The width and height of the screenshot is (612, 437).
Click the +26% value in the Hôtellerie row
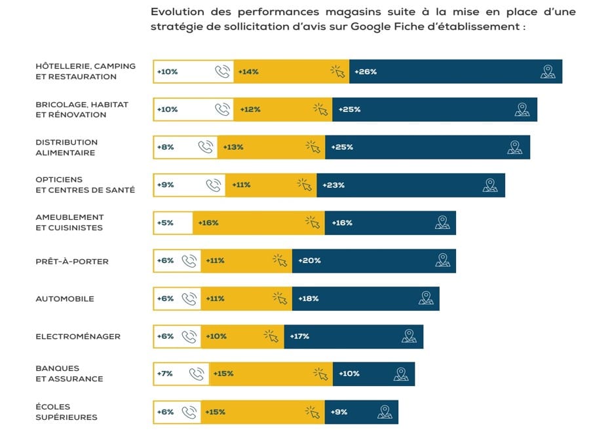point(365,72)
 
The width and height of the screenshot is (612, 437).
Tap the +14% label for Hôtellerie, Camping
point(248,72)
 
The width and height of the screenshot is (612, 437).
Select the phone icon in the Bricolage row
point(223,109)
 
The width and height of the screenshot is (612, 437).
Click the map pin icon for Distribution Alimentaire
point(515,147)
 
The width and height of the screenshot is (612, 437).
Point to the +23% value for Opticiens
point(333,185)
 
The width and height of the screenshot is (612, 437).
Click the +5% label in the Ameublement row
point(165,223)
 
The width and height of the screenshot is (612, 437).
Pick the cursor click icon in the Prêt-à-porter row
point(280,261)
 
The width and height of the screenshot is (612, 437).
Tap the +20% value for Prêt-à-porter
point(309,261)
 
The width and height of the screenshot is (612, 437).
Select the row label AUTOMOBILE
point(65,299)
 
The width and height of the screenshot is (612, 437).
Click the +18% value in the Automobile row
point(308,299)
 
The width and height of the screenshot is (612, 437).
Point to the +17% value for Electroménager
point(299,337)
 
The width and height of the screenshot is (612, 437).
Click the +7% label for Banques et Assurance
point(165,374)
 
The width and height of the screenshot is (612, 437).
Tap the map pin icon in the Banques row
point(401,374)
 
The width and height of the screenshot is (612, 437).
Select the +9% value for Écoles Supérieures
point(339,412)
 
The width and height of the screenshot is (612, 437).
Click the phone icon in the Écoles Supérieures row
point(189,412)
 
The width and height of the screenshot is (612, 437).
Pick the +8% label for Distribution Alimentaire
point(165,147)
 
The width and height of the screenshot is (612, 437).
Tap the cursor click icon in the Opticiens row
point(305,185)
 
